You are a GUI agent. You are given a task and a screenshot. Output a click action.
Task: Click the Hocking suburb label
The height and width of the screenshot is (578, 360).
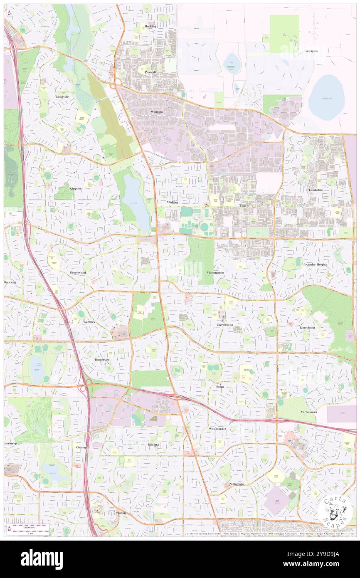pos(150,26)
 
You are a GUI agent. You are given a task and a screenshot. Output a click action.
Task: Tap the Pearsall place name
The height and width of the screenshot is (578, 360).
pos(150,72)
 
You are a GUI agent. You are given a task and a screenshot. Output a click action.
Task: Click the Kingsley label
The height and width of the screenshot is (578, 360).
pos(76,188)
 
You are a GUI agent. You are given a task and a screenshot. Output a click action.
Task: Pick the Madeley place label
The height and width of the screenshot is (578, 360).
pos(172,202)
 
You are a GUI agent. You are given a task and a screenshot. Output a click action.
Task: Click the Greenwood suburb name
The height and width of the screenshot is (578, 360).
pos(78,273)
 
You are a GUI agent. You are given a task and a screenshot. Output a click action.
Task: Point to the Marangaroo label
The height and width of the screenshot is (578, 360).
pos(215,273)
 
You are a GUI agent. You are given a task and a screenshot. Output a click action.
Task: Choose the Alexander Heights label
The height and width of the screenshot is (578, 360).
pos(315,264)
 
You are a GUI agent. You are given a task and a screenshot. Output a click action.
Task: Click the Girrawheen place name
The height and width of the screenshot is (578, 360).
pos(224,324)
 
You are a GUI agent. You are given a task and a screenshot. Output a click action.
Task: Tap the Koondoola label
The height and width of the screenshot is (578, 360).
pos(307,328)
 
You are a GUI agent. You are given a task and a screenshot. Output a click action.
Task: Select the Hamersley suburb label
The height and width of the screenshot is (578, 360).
pos(102,359)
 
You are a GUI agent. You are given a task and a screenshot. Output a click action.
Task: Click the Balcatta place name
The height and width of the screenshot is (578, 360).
pos(153,445)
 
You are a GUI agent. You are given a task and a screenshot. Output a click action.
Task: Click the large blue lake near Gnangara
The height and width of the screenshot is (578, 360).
pos(326,97)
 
